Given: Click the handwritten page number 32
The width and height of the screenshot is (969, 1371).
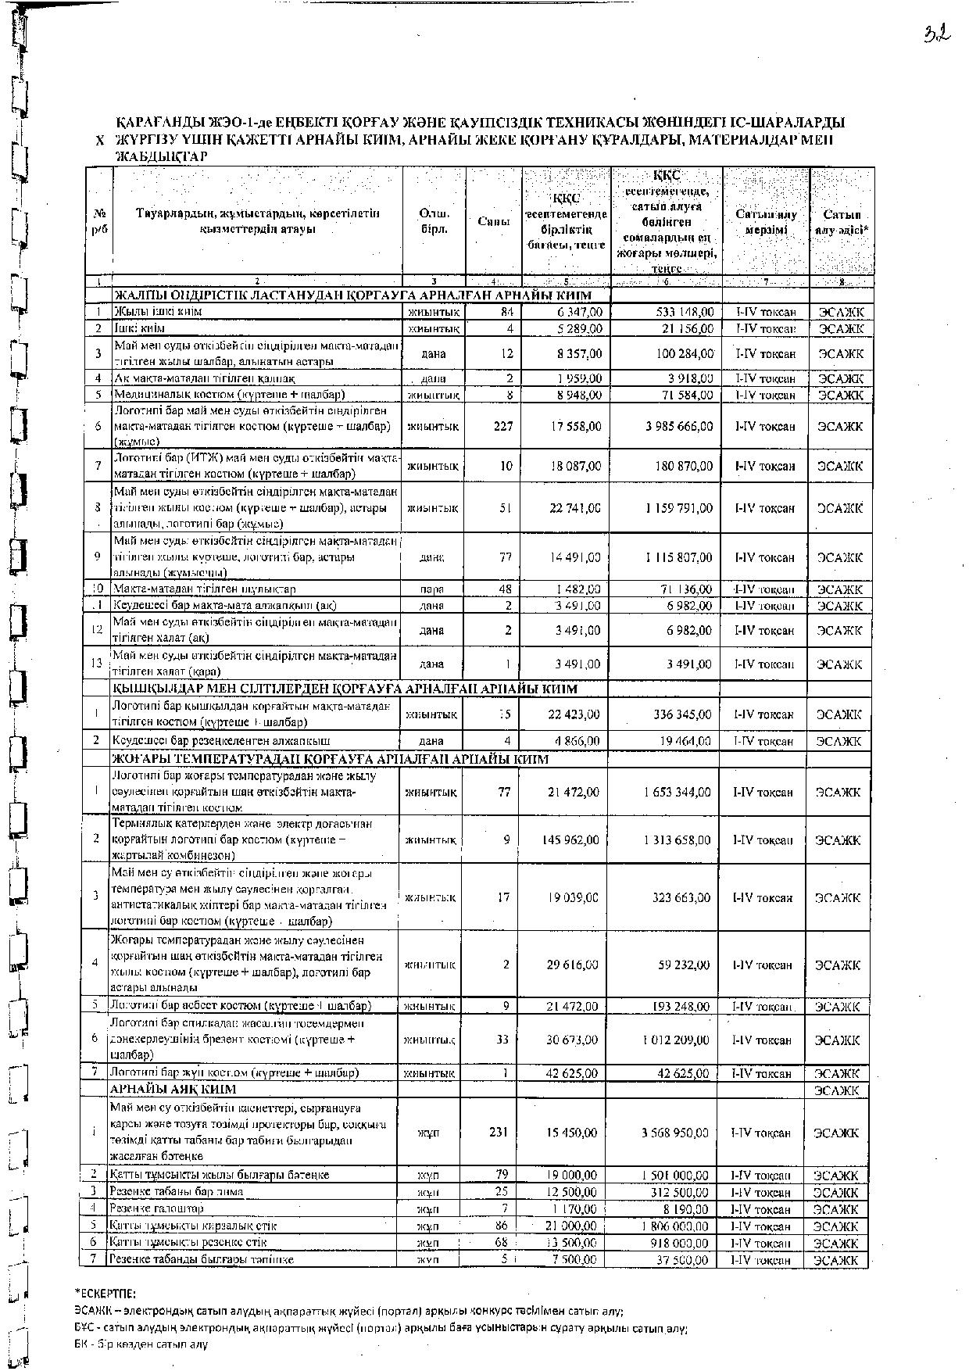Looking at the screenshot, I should (936, 33).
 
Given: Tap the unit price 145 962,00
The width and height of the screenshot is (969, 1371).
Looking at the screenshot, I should (570, 839).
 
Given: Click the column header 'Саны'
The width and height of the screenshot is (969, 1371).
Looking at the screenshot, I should (494, 221).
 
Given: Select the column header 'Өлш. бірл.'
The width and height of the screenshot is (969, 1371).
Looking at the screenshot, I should (434, 221).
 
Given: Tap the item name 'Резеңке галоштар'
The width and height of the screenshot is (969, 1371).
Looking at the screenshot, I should (152, 1209).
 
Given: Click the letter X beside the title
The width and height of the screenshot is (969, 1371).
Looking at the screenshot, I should (98, 141).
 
